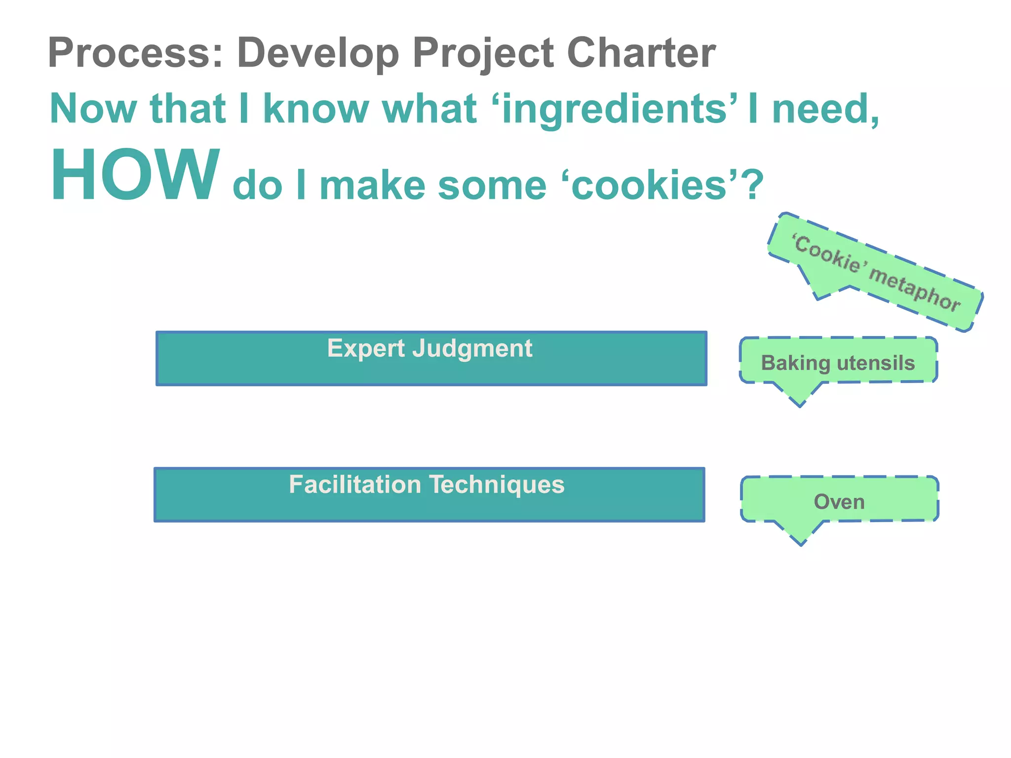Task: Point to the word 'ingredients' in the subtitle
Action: pos(615,110)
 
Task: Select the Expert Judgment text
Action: pos(429,348)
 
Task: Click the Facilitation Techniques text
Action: pos(427,485)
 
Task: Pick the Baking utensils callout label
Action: pos(838,363)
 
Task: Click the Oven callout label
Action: pos(839,502)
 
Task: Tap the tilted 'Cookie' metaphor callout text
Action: pos(877,273)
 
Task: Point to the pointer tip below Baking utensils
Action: pos(800,405)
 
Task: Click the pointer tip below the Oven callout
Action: pos(801,543)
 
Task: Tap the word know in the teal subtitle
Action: pos(316,110)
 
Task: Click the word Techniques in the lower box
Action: pos(497,485)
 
